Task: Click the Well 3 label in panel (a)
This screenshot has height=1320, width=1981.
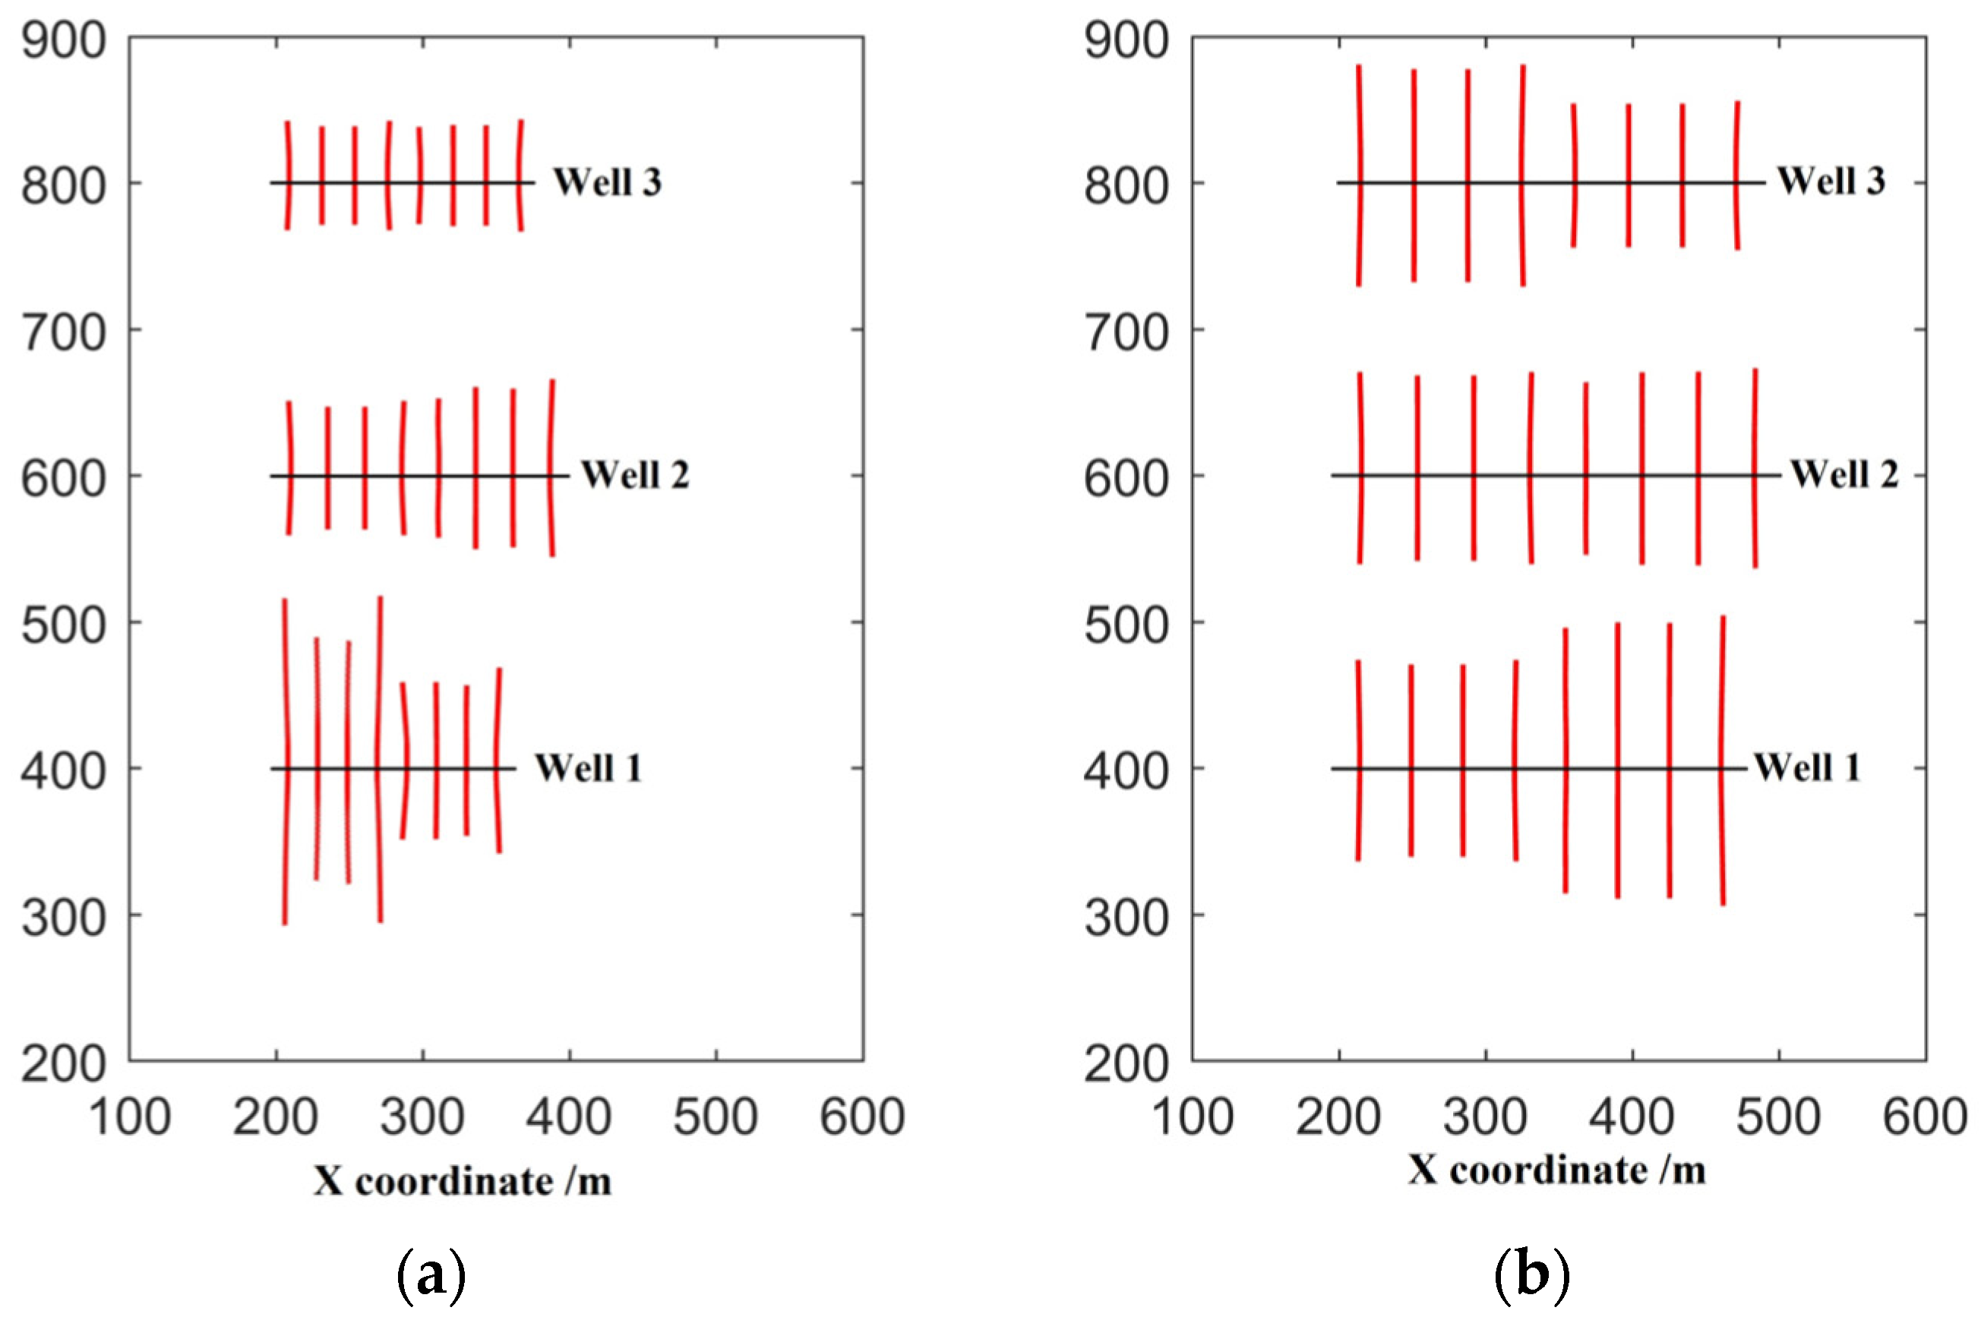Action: point(606,182)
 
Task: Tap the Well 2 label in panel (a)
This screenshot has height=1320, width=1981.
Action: point(634,475)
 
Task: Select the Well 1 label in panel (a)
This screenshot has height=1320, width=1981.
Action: point(588,767)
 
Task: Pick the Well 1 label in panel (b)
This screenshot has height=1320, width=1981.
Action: point(1806,767)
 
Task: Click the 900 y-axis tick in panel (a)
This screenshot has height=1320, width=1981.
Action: point(64,39)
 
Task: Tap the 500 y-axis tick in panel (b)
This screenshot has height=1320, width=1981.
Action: point(1126,625)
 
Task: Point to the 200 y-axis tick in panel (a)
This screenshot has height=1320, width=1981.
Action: point(64,1063)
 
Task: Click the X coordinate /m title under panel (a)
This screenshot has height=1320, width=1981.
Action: point(463,1181)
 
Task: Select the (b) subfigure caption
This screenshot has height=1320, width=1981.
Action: point(1531,1274)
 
